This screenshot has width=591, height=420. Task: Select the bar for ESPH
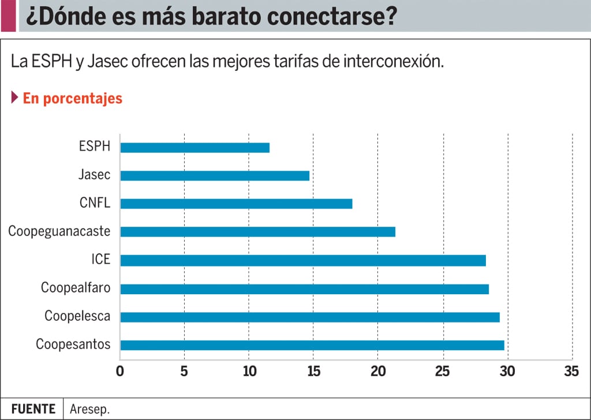[194, 148]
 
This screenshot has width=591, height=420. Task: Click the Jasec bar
[215, 175]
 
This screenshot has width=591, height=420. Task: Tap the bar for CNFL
[236, 204]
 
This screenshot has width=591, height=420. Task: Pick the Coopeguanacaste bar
[257, 232]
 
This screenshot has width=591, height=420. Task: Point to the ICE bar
[303, 260]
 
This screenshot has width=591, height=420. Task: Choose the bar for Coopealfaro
[304, 289]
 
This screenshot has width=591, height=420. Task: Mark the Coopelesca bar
[310, 317]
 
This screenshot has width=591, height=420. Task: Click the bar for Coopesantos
[312, 345]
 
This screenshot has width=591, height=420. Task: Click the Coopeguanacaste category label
[59, 231]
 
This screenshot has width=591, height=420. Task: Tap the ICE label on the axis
[100, 260]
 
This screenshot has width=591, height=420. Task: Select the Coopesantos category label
[73, 345]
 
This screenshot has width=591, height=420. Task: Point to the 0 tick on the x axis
[120, 372]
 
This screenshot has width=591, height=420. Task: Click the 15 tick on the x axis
[313, 372]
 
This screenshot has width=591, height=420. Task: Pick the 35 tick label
[571, 372]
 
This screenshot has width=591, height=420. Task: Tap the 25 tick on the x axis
[443, 372]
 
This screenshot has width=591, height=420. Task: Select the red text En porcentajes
[73, 98]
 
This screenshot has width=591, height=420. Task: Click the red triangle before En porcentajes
[14, 97]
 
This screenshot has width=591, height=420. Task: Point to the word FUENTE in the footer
[33, 409]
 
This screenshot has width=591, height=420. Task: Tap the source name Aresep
[89, 409]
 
